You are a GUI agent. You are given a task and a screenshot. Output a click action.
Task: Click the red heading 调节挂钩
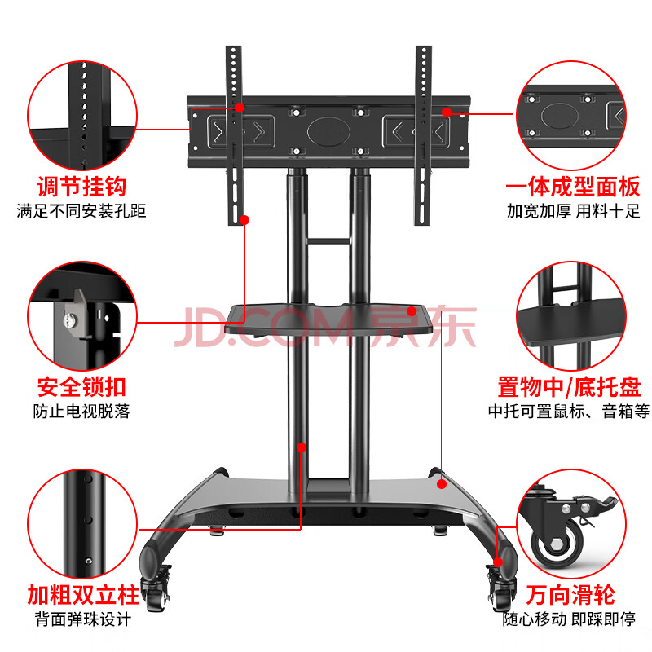tap(81, 187)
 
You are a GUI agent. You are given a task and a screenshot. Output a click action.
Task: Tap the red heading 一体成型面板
tap(573, 187)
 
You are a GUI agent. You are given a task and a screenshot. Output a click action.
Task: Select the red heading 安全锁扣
tap(81, 387)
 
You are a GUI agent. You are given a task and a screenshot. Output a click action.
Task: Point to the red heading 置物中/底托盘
tap(569, 387)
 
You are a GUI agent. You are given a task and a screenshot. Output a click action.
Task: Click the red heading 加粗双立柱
tap(83, 595)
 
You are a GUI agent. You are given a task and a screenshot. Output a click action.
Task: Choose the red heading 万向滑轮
tap(570, 595)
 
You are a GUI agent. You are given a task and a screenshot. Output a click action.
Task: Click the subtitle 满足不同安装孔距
tap(81, 211)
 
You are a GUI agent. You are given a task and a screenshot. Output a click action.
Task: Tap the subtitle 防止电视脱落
tap(81, 412)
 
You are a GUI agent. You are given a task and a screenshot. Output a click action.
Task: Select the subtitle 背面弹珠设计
tap(83, 619)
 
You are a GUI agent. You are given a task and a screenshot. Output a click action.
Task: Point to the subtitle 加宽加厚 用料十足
tap(574, 211)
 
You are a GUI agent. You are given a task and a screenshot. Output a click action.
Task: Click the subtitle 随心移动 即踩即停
tap(569, 619)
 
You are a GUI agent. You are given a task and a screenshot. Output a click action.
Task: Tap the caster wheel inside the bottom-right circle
tap(556, 541)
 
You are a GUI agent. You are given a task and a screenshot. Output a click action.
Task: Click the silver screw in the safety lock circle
tap(69, 320)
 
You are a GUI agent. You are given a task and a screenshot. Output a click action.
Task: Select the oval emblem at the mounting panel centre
tap(328, 132)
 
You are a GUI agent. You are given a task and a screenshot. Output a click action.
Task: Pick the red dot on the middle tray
tap(412, 311)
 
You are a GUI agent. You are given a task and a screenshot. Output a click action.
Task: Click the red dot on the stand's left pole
tap(302, 447)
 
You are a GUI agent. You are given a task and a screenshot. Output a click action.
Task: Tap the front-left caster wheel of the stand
tap(155, 589)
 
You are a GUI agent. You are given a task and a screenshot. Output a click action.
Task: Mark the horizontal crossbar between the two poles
tap(328, 240)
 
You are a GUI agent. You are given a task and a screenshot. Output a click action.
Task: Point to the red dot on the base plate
tap(442, 483)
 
